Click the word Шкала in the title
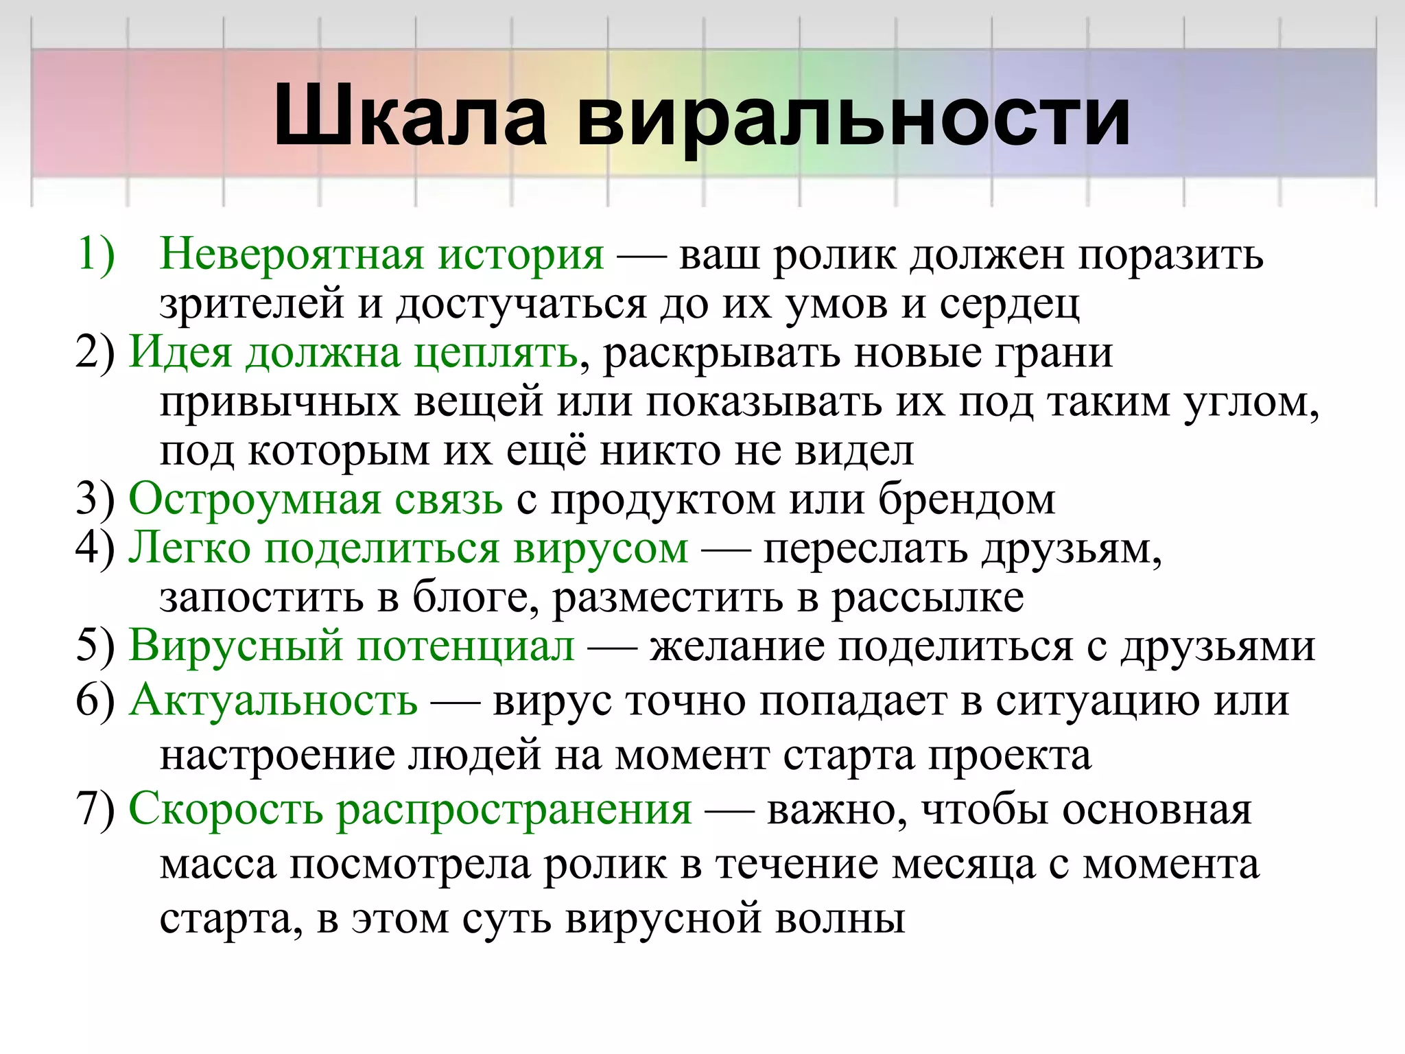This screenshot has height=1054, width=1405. click(410, 117)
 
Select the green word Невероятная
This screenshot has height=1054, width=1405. click(291, 255)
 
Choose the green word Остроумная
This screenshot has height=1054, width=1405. click(255, 499)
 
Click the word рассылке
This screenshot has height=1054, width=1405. click(928, 598)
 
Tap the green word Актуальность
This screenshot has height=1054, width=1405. click(273, 701)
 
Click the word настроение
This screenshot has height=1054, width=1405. click(277, 756)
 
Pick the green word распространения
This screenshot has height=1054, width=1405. click(515, 810)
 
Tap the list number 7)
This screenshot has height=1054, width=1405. click(95, 810)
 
